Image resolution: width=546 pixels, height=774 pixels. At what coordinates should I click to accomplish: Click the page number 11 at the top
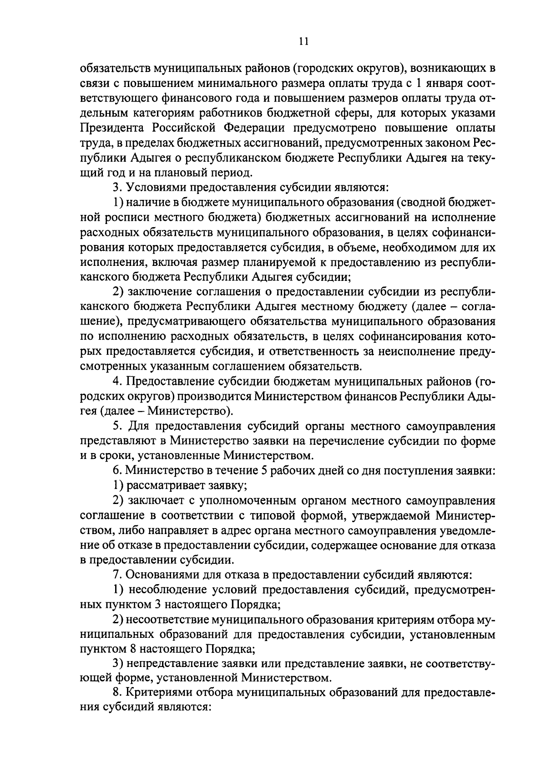pyautogui.click(x=304, y=42)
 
